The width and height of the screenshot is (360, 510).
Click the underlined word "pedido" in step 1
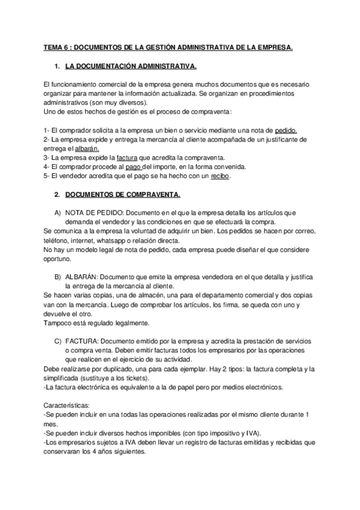pyautogui.click(x=285, y=130)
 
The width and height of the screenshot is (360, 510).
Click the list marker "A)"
pyautogui.click(x=58, y=212)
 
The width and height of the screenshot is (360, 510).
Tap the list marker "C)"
pyautogui.click(x=58, y=340)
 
